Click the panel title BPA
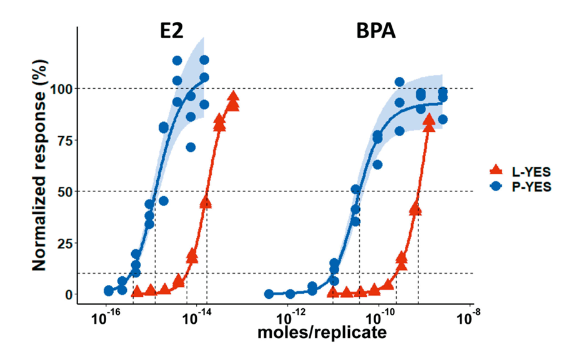(376, 32)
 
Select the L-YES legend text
(528, 169)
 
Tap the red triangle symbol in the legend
(495, 169)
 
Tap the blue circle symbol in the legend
(495, 186)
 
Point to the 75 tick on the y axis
(63, 140)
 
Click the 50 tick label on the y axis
(63, 191)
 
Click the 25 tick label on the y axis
(63, 242)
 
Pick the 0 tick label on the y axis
(67, 294)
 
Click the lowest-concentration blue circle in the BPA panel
(269, 294)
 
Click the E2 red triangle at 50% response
(206, 202)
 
